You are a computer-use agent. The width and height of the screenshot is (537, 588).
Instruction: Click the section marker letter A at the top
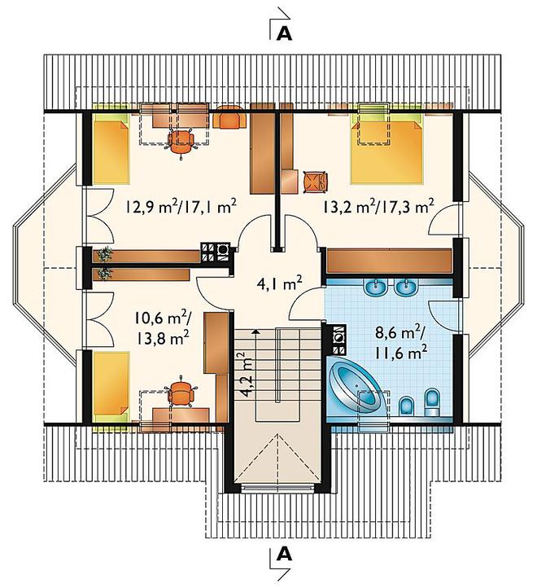pyautogui.click(x=284, y=33)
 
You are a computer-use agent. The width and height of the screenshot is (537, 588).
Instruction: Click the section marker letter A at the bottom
pyautogui.click(x=284, y=554)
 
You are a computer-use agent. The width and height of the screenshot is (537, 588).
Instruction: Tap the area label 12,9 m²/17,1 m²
pyautogui.click(x=181, y=207)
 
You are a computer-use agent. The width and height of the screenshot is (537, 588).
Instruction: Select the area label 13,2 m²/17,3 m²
pyautogui.click(x=378, y=206)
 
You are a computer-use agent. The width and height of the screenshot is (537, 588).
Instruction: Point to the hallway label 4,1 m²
pyautogui.click(x=280, y=284)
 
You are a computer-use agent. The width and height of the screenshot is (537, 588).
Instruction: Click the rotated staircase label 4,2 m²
pyautogui.click(x=246, y=375)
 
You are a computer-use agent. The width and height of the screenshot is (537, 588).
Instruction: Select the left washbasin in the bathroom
pyautogui.click(x=376, y=287)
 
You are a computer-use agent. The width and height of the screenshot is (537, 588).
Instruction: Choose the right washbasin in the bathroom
pyautogui.click(x=405, y=287)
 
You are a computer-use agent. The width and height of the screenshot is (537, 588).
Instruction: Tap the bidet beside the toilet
pyautogui.click(x=406, y=406)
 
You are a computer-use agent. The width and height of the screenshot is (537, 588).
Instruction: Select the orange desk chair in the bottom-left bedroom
pyautogui.click(x=181, y=393)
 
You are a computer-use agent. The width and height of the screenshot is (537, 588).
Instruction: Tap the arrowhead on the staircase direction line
pyautogui.click(x=255, y=331)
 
